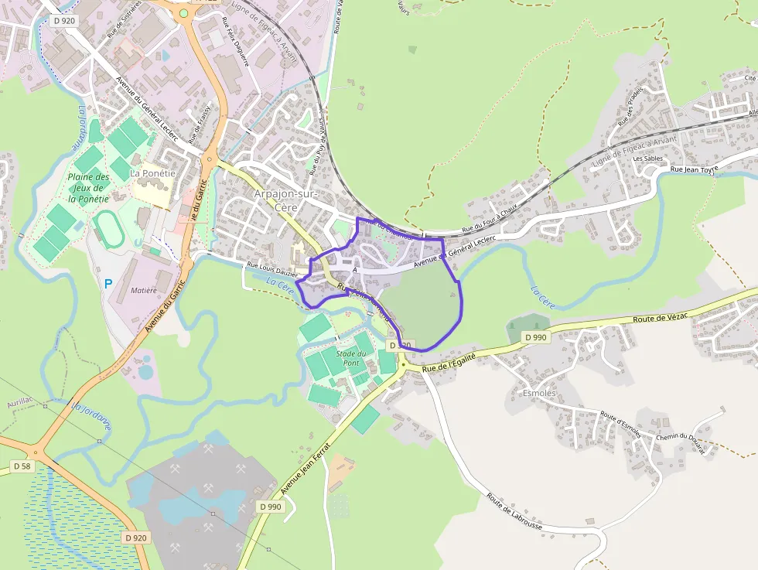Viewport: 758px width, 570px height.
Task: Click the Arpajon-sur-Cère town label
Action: click(x=285, y=200)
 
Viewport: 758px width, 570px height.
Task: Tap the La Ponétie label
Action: click(x=152, y=173)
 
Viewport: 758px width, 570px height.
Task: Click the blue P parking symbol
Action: click(x=108, y=284)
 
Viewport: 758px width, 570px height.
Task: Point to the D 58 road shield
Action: click(x=22, y=466)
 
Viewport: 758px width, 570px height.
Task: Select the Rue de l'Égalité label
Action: click(x=449, y=361)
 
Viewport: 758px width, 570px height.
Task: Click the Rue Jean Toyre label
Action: click(x=694, y=169)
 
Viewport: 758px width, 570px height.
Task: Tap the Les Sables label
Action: click(x=647, y=159)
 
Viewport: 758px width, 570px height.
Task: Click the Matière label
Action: click(x=144, y=291)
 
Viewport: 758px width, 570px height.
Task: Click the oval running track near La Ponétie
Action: click(x=108, y=229)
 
